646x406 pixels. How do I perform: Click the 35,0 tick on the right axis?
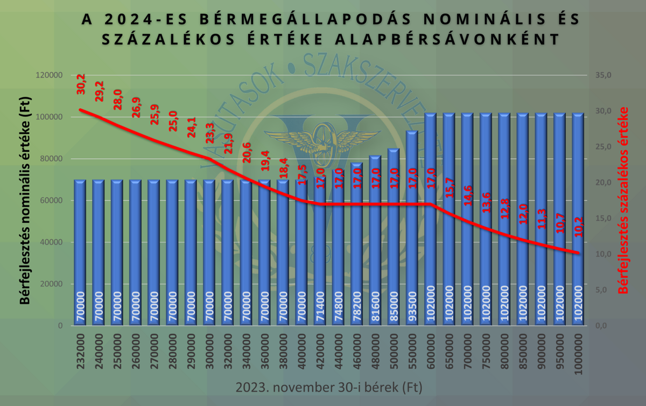604,75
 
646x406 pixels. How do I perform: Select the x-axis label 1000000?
578,353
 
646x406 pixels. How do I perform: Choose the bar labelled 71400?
320,253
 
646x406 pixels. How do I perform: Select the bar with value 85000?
394,237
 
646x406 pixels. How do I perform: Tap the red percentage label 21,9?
228,144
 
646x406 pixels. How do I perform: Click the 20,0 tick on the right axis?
604,183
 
